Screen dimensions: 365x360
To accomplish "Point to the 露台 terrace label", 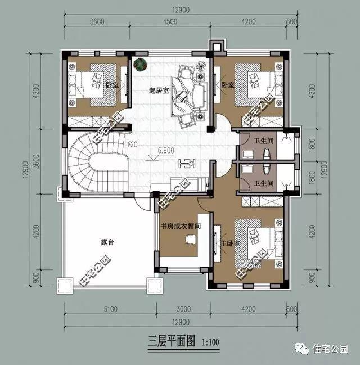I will pyautogui.click(x=107, y=242).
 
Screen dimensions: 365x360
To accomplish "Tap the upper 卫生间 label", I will pyautogui.click(x=263, y=141).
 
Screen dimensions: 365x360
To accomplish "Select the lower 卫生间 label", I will pyautogui.click(x=263, y=183).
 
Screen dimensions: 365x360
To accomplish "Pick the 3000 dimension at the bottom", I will pyautogui.click(x=183, y=309).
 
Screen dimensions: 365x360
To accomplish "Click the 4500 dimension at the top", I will pyautogui.click(x=171, y=23).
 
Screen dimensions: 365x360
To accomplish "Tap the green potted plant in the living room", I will pyautogui.click(x=139, y=64).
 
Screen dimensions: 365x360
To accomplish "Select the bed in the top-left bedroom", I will pyautogui.click(x=93, y=84).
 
